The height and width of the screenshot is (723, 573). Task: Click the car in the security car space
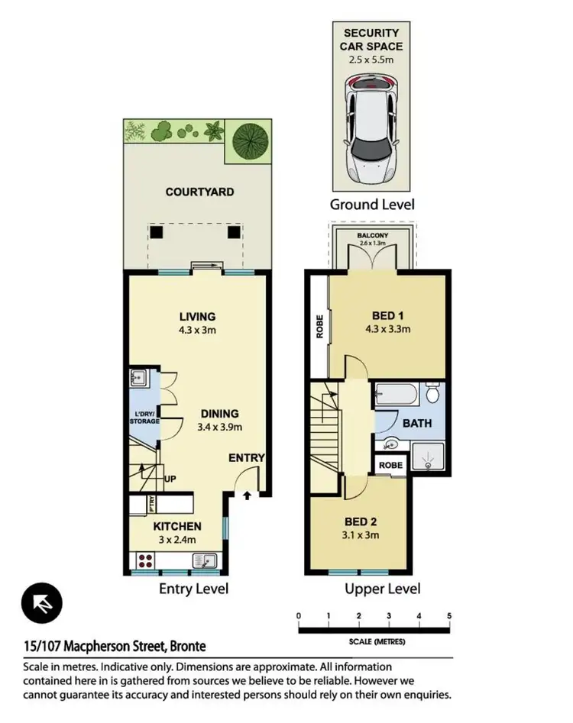372,131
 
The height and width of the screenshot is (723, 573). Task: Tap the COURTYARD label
199,192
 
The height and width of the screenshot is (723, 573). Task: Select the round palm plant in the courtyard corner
248,139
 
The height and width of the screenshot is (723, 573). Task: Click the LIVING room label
197,317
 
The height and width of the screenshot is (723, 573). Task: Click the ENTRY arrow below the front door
247,495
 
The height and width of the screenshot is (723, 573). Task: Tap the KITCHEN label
177,526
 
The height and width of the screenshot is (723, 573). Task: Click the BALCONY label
371,236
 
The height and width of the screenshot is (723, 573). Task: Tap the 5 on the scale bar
450,616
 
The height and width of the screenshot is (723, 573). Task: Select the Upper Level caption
382,589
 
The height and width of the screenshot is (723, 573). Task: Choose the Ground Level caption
372,204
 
